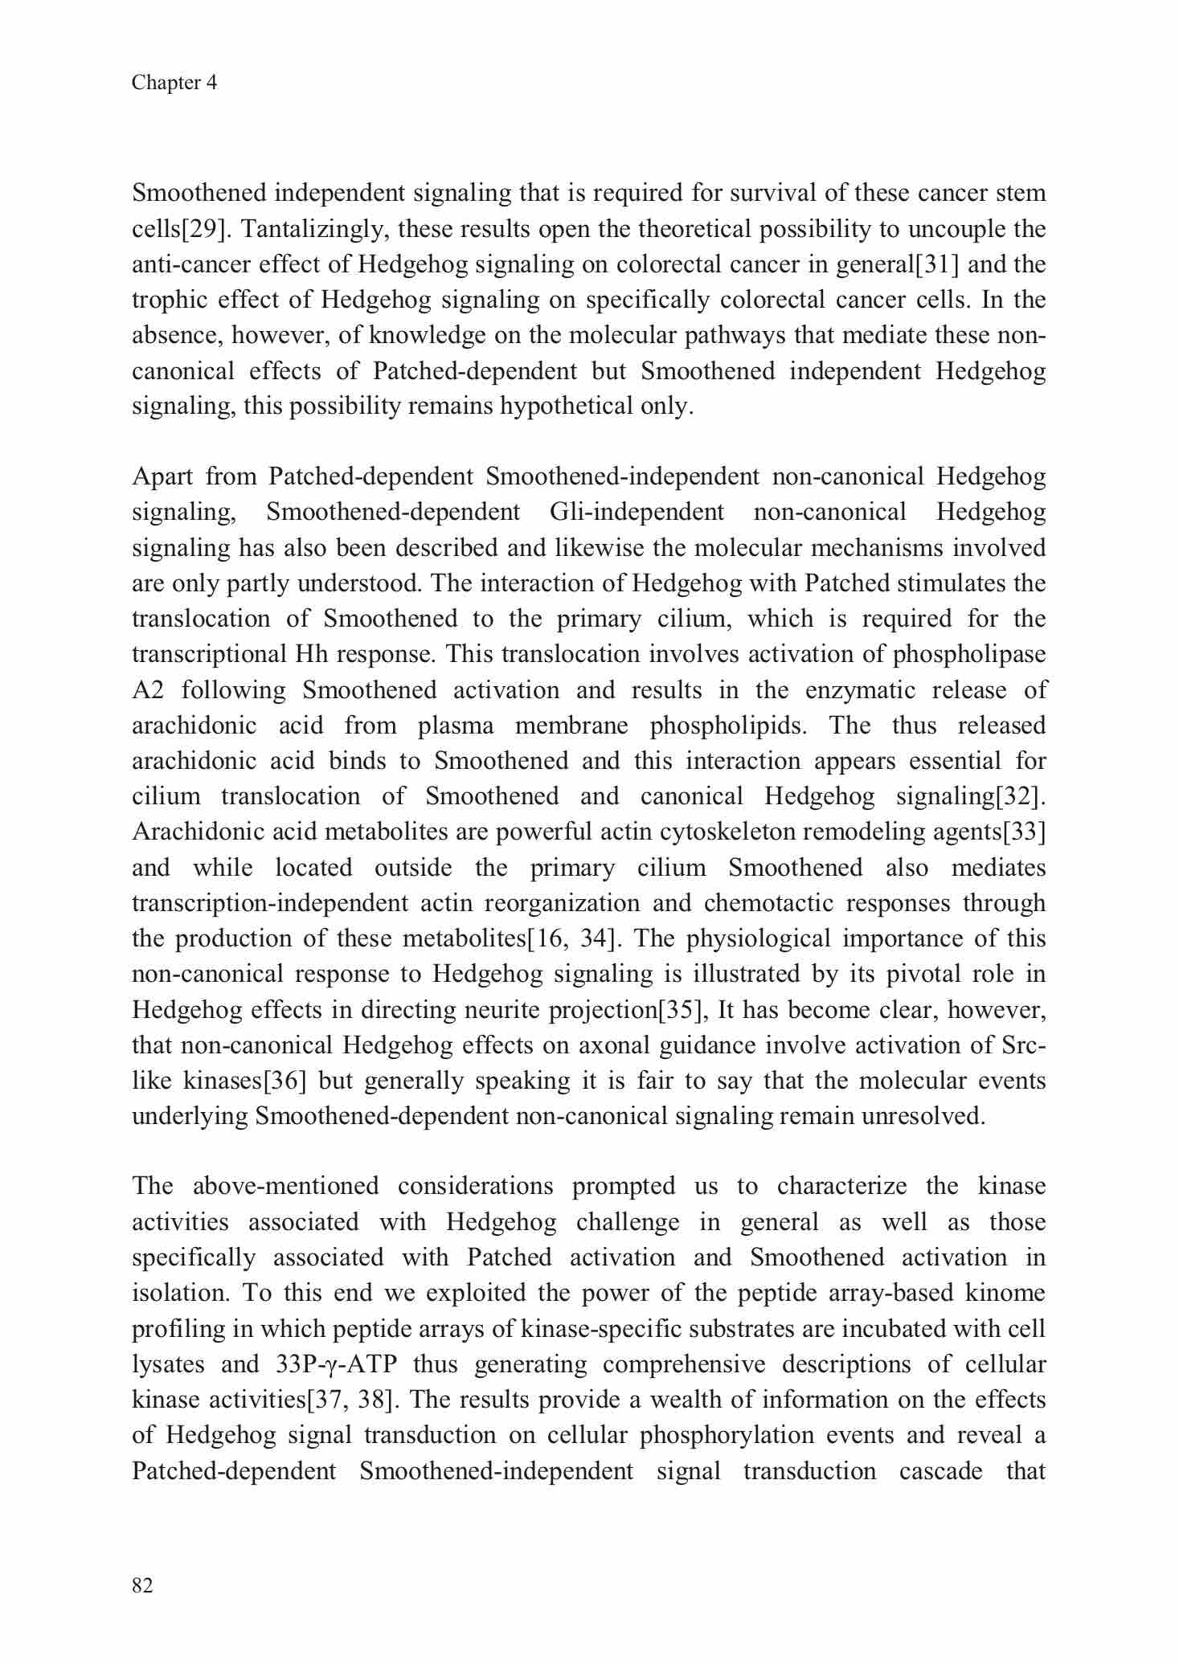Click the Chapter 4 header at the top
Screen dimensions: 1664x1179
tap(174, 83)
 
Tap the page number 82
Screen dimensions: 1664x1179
tap(142, 1584)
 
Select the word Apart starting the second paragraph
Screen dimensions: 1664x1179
tap(162, 476)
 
